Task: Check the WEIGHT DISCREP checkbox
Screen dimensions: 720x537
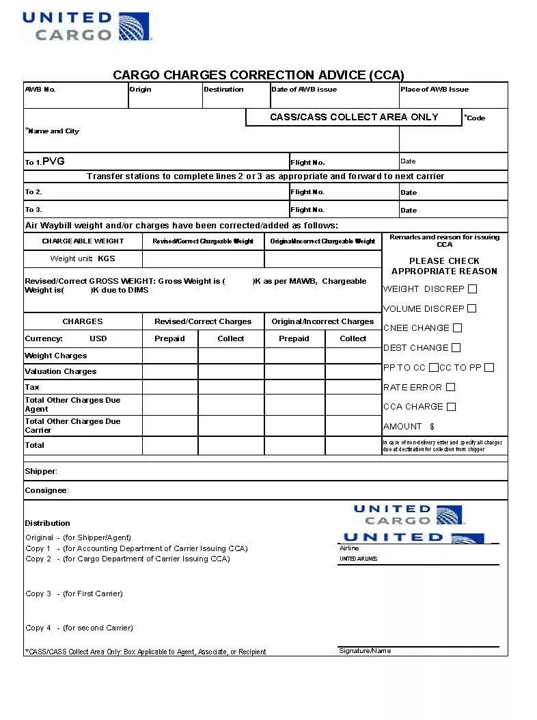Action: point(473,289)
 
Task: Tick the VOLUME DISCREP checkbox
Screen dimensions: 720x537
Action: point(472,308)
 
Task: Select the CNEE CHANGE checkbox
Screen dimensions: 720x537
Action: point(458,328)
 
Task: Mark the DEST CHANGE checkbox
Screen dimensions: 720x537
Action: point(456,347)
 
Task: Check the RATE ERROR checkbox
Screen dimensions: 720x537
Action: point(451,387)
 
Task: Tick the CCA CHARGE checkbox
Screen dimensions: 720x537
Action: point(452,406)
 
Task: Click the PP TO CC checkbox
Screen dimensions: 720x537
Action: point(434,367)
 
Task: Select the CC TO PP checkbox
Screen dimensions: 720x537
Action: point(489,367)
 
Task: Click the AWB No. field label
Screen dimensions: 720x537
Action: point(40,90)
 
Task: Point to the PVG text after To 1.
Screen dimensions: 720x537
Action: point(53,161)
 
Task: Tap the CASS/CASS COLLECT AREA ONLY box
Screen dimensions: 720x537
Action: point(354,117)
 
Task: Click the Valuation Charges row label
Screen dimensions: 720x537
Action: point(61,371)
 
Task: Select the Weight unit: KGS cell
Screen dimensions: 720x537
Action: point(83,258)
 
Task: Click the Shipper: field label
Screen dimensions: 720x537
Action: point(41,471)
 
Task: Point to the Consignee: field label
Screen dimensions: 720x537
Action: point(46,490)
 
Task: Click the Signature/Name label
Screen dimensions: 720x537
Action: point(365,651)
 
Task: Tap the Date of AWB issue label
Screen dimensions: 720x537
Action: point(304,90)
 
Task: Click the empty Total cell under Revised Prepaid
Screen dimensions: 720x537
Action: point(170,445)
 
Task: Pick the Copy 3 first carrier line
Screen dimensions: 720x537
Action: point(74,594)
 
